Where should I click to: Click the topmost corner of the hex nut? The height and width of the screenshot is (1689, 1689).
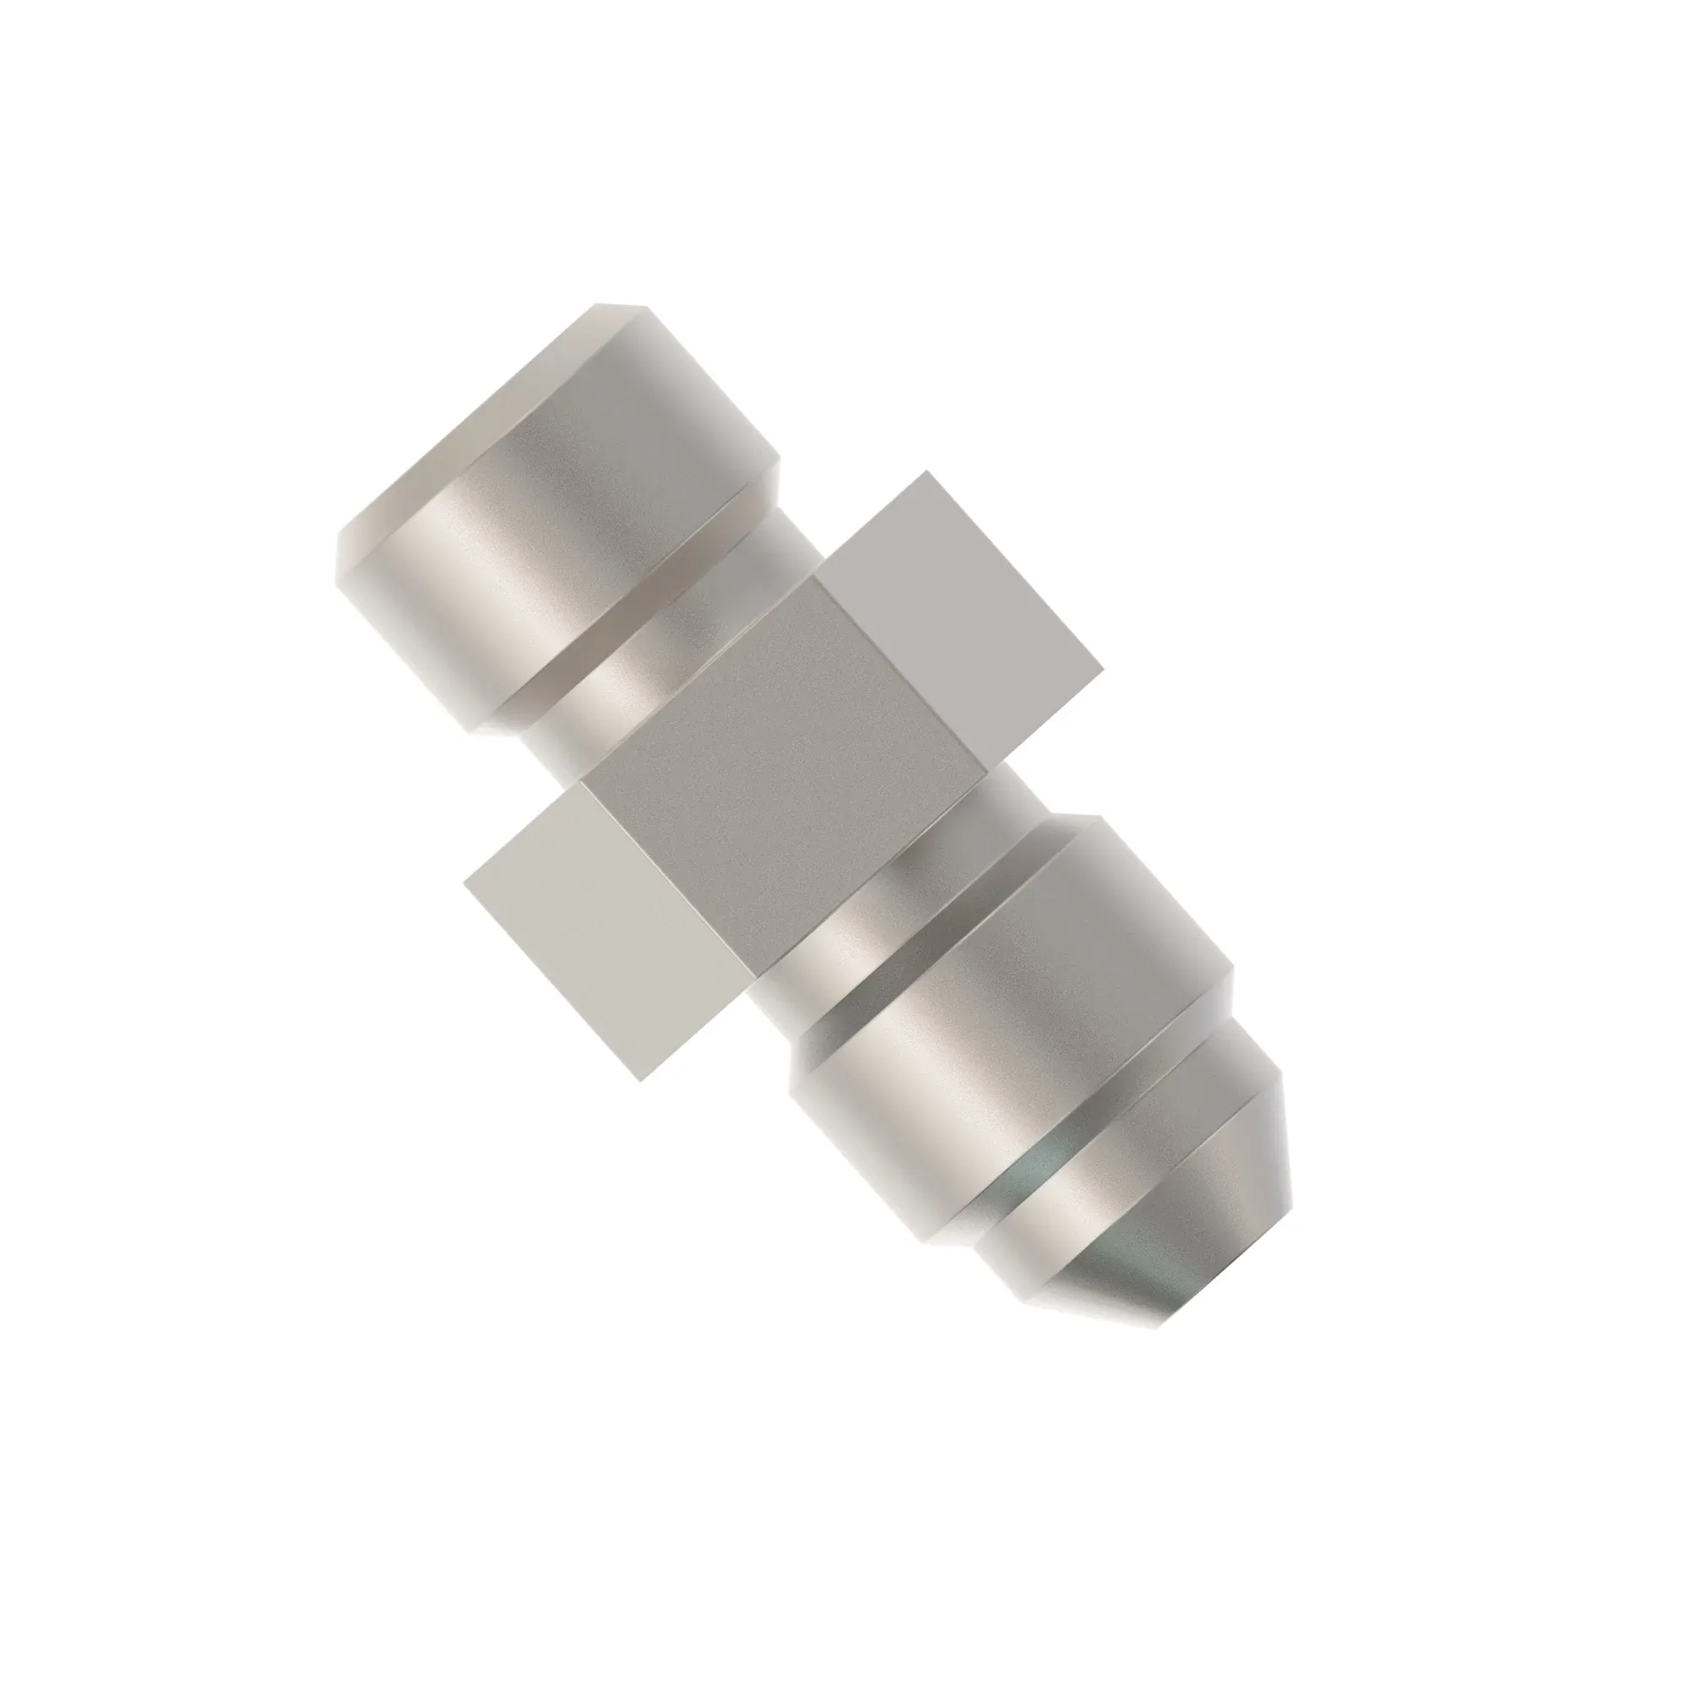pos(926,473)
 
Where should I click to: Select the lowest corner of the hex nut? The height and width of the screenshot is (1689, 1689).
pos(642,1081)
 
